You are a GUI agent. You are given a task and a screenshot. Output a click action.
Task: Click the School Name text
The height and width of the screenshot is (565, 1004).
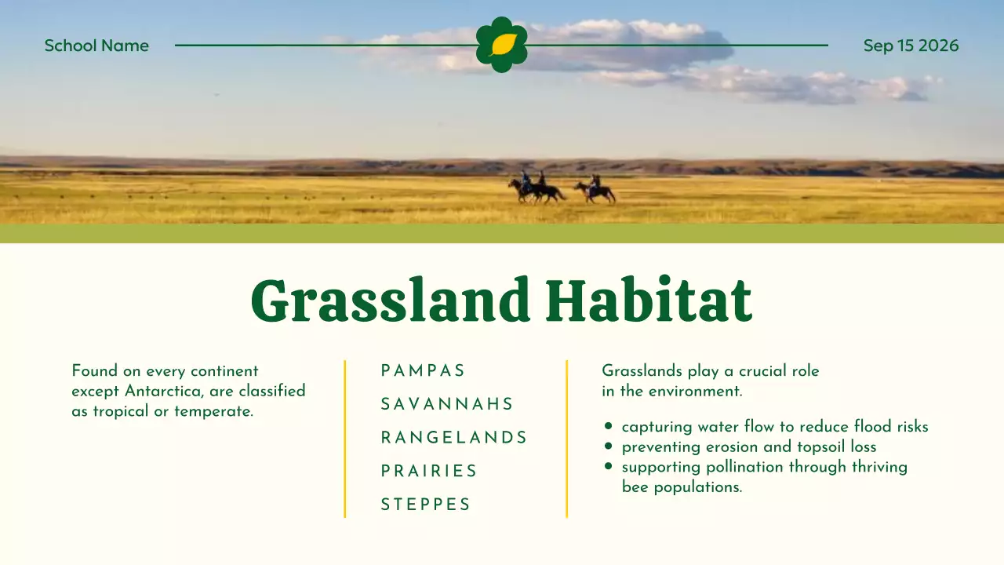[x=96, y=46]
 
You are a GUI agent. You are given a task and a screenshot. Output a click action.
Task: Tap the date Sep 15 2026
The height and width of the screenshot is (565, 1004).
[x=911, y=46]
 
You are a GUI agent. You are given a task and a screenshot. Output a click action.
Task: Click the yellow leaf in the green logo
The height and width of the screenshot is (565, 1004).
[x=503, y=45]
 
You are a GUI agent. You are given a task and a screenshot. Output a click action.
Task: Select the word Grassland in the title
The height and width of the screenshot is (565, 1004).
[x=390, y=301]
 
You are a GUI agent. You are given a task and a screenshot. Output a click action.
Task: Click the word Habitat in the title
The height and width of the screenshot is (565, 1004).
[x=649, y=300]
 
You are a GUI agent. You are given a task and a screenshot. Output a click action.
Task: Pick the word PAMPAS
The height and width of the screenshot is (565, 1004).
[x=423, y=371]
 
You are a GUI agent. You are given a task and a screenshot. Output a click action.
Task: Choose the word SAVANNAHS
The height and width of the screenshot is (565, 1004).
[x=447, y=404]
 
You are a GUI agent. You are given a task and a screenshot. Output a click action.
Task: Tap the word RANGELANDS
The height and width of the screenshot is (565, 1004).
[x=453, y=438]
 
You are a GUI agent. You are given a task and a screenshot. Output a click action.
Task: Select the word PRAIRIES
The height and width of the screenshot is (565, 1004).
[x=429, y=472]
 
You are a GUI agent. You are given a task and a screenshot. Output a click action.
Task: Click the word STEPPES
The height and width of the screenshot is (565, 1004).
[x=425, y=505]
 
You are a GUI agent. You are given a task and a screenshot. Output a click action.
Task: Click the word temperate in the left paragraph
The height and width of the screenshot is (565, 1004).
[x=214, y=412]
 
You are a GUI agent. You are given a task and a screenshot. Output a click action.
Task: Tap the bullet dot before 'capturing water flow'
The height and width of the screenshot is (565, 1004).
[x=608, y=425]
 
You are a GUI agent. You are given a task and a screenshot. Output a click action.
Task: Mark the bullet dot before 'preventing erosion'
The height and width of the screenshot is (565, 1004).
[x=608, y=446]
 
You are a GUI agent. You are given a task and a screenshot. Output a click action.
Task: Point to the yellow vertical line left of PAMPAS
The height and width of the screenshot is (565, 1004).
[x=344, y=439]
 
